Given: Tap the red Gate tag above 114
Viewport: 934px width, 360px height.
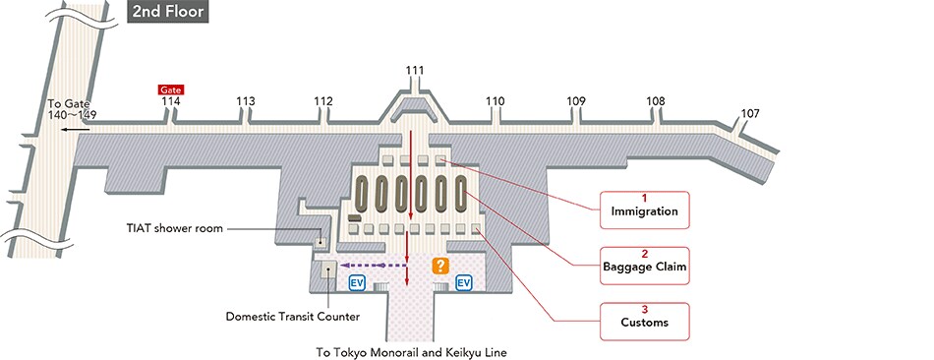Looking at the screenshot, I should [171, 90].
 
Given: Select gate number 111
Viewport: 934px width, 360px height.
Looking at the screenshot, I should [415, 70].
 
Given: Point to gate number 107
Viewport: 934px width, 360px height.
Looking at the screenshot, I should [750, 114].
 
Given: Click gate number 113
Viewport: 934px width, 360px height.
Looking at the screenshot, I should [246, 101].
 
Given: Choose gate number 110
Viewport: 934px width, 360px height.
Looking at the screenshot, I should [495, 101].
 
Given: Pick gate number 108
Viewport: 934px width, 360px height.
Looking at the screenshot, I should [655, 101].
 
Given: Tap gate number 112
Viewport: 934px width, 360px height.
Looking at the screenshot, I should [323, 101].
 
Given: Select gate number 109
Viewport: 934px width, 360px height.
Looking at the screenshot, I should [576, 101].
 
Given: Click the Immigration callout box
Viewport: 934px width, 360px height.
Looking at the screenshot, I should [644, 207].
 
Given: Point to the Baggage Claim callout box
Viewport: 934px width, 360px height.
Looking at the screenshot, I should [644, 262].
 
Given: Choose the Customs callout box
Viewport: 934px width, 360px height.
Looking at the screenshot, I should [644, 317].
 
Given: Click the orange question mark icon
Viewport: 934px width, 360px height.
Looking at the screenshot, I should [439, 265].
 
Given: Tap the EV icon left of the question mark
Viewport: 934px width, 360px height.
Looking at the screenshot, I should [358, 283].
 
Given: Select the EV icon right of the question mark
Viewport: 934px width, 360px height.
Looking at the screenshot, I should [464, 283].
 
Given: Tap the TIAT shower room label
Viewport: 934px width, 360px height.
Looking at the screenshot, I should [174, 228].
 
